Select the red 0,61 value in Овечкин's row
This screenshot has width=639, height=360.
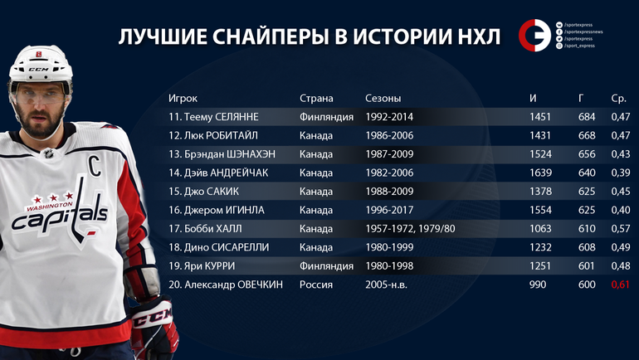point(620,285)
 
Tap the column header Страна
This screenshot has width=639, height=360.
point(316,98)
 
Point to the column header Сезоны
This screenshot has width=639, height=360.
point(383,98)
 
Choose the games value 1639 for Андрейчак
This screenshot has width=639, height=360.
point(539,173)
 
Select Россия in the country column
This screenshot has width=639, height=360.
point(316,285)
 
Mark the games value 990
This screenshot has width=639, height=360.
point(539,285)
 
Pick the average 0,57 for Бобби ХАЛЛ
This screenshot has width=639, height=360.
point(620,228)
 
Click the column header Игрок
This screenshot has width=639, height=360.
point(183,98)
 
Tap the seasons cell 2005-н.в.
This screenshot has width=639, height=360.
point(387,285)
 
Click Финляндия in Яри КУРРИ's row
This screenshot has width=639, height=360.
point(327,265)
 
